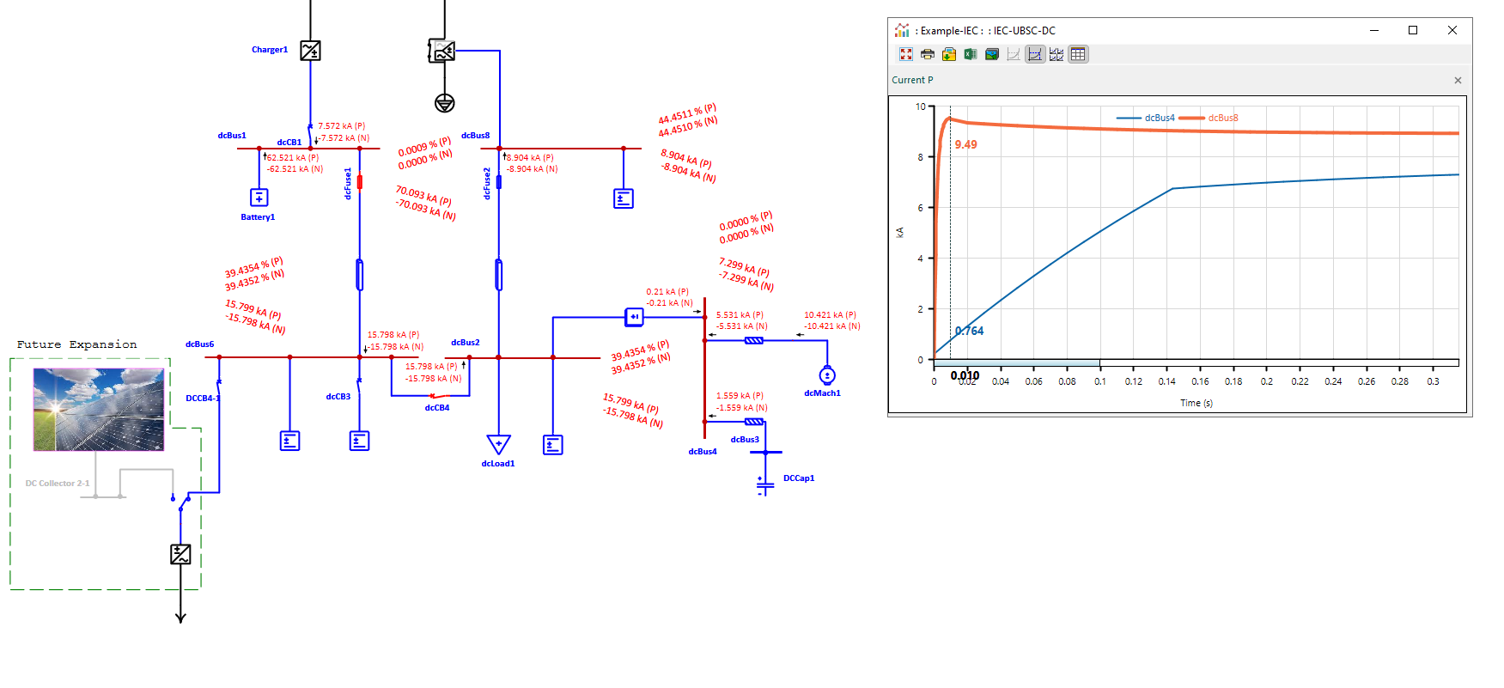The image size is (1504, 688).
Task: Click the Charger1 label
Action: click(x=269, y=50)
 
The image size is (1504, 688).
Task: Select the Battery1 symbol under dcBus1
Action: click(x=259, y=198)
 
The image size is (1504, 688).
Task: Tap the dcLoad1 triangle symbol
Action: click(x=498, y=444)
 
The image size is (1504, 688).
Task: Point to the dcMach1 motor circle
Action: click(x=827, y=375)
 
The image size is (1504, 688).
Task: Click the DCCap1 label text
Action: click(x=799, y=478)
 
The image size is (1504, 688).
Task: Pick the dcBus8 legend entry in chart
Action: click(x=1222, y=119)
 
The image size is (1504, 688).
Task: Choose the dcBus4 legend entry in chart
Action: click(x=1159, y=119)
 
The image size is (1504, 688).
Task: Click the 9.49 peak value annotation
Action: click(x=965, y=145)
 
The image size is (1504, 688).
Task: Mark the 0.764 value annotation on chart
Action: click(x=969, y=332)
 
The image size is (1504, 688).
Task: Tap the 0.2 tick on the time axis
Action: click(x=1266, y=381)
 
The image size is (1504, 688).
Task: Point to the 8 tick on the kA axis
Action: click(x=920, y=157)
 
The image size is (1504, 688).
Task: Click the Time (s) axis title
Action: click(x=1196, y=403)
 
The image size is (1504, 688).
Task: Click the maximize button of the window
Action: click(x=1413, y=30)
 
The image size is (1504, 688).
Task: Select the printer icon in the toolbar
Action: click(x=927, y=54)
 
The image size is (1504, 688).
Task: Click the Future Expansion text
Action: click(x=76, y=344)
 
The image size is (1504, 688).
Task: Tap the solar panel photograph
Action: click(x=98, y=410)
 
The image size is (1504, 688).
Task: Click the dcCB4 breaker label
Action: click(x=436, y=408)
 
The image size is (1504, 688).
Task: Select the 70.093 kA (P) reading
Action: click(x=423, y=195)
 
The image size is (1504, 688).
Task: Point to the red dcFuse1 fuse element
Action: click(x=359, y=182)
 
